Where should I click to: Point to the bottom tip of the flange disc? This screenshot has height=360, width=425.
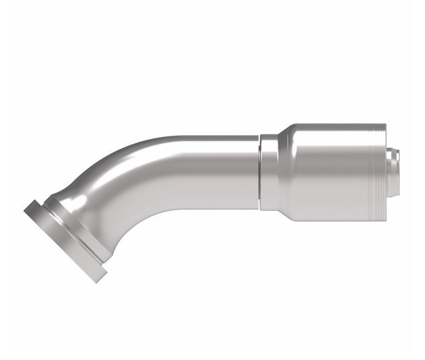[x=98, y=280]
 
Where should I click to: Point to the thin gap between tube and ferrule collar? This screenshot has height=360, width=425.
[x=259, y=173]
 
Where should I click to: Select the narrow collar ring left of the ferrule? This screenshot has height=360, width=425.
[x=268, y=173]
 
